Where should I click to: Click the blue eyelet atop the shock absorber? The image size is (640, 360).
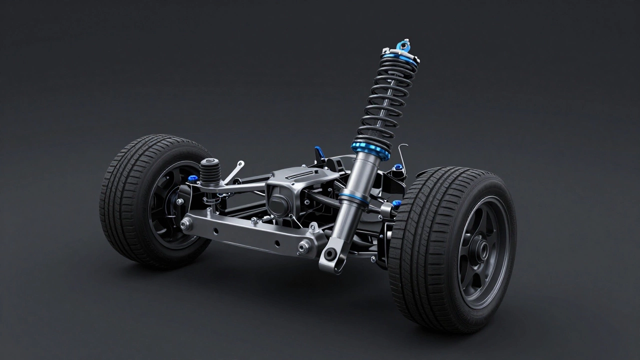point(401,46)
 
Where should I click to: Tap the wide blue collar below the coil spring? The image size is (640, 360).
point(370,149)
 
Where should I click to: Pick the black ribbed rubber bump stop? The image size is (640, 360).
point(210,172)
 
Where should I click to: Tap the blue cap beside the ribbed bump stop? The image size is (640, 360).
point(192,178)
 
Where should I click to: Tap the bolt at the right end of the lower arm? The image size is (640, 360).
point(303,245)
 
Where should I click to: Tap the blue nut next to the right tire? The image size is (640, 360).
point(397,203)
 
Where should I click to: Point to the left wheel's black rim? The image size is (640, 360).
point(170,205)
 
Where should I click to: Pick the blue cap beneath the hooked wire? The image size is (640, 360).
point(398,167)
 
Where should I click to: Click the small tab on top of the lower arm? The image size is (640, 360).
point(313,227)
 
